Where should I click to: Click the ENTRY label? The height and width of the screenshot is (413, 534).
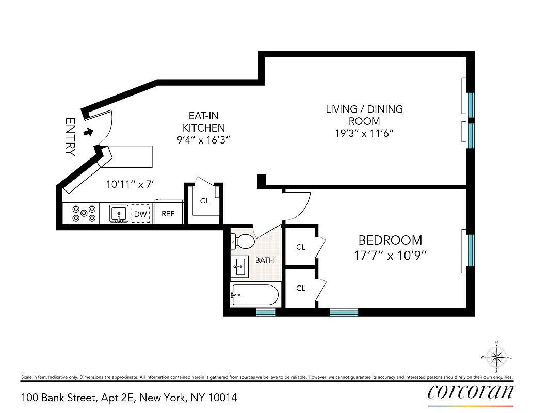pyautogui.click(x=70, y=137)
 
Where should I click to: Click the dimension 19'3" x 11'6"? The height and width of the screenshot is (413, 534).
pyautogui.click(x=364, y=133)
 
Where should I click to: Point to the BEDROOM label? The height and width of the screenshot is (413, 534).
pyautogui.click(x=390, y=240)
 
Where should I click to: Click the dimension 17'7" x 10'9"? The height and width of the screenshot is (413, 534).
pyautogui.click(x=390, y=255)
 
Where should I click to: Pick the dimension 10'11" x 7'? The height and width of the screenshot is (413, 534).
pyautogui.click(x=130, y=184)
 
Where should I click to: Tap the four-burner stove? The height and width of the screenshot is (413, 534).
pyautogui.click(x=84, y=214)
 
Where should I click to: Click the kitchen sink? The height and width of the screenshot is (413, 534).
pyautogui.click(x=120, y=213)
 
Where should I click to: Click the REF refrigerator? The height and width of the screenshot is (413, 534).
pyautogui.click(x=168, y=213)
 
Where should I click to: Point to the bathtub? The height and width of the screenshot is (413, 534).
pyautogui.click(x=255, y=295)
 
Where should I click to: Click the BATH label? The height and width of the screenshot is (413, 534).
pyautogui.click(x=264, y=260)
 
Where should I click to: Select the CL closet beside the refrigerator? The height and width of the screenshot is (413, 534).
pyautogui.click(x=205, y=201)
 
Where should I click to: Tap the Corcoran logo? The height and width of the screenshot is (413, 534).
pyautogui.click(x=471, y=392)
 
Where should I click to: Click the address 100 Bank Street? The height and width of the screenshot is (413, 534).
pyautogui.click(x=129, y=398)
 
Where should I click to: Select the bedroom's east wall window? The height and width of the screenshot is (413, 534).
pyautogui.click(x=470, y=250)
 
